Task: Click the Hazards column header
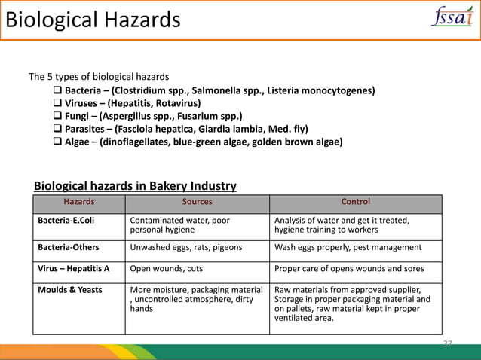[x=79, y=202]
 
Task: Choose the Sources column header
[x=198, y=202]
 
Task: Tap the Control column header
[x=356, y=202]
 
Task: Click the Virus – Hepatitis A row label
[x=74, y=269]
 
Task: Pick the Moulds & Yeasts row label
[x=70, y=289]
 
